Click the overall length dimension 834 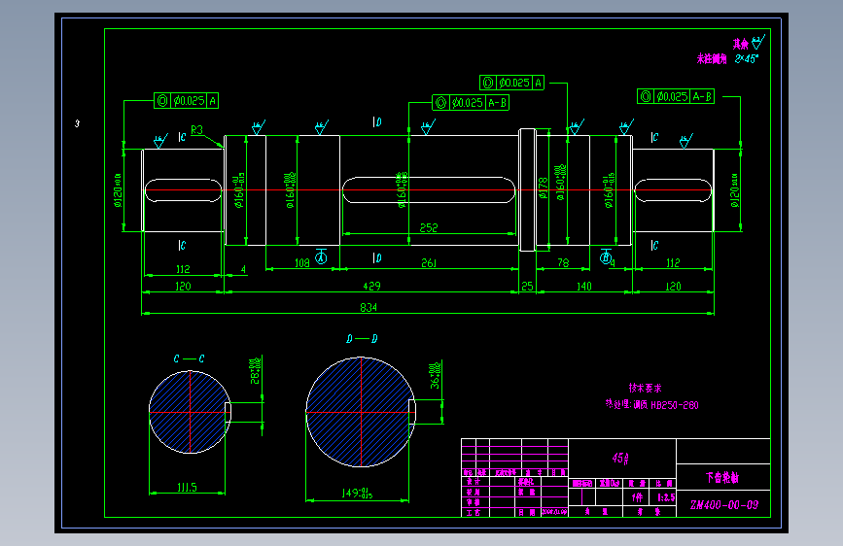coord(369,308)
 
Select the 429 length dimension coord(372,287)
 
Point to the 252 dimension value coord(429,228)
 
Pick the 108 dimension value coord(301,263)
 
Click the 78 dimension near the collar coord(562,264)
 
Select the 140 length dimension coord(583,287)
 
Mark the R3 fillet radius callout coord(196,129)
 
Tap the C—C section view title coord(189,358)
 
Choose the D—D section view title coord(361,339)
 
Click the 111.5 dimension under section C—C coord(188,487)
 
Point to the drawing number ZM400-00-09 coord(723,505)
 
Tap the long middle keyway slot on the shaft coord(429,190)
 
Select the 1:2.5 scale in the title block coord(666,496)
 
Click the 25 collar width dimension coord(528,287)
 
